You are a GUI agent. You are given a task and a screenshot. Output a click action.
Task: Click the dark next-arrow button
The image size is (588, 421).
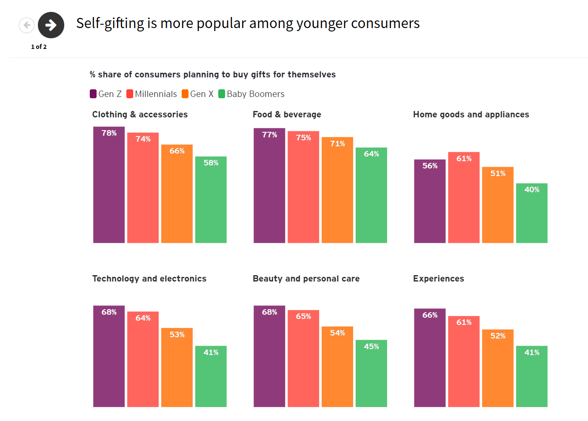51,25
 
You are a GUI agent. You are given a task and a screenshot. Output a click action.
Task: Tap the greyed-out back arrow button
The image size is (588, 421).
26,25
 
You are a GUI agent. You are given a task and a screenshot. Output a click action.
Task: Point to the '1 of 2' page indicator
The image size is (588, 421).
39,47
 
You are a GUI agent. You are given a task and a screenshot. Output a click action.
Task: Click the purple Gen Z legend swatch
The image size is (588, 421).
93,94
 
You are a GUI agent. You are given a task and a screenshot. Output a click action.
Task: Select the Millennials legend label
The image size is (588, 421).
156,94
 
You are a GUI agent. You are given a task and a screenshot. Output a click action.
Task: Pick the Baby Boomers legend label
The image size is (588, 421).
255,94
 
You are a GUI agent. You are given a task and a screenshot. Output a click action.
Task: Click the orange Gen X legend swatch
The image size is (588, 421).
185,94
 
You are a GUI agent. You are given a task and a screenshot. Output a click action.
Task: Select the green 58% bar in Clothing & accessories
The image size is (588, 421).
211,200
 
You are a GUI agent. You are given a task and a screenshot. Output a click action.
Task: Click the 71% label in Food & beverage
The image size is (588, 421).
337,144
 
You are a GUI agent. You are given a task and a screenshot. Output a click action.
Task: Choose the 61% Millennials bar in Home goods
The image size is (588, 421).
464,198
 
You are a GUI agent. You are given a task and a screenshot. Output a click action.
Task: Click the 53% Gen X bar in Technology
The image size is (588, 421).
177,368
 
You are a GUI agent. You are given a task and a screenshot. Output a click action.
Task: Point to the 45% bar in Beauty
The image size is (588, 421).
371,374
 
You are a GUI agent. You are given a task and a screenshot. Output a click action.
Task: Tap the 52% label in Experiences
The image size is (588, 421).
498,336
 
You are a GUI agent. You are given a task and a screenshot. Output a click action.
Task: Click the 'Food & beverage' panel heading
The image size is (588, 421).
287,114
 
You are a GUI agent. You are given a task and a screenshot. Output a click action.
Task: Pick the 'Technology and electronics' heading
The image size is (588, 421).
149,279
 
